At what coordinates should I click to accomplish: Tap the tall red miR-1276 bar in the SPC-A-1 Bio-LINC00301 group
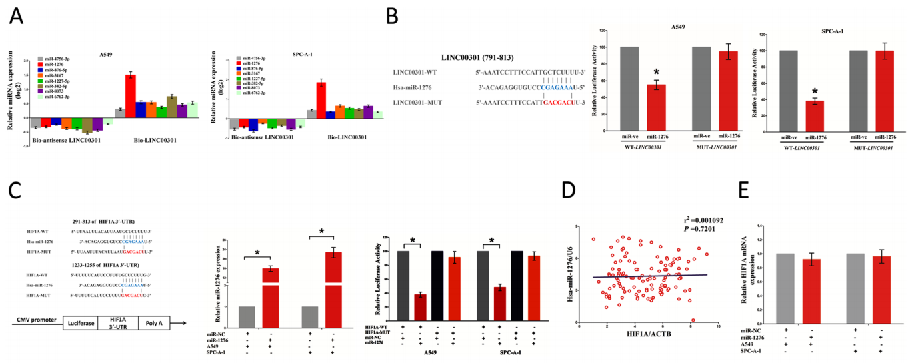[x=321, y=100]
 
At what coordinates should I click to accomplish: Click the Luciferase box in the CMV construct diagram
[x=80, y=323]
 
